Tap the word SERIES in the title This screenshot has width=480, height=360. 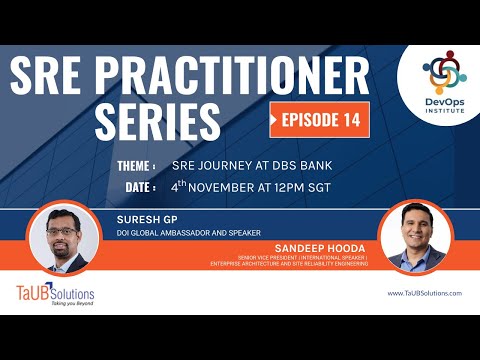[157, 120]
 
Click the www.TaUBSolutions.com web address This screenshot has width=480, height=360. [424, 293]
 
